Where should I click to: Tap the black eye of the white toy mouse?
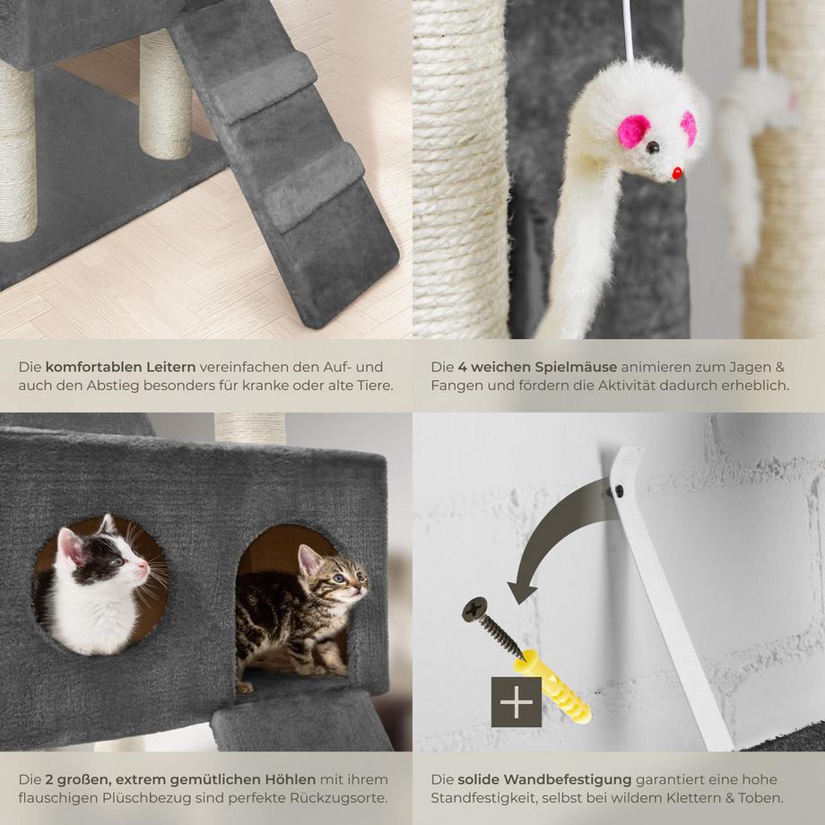[x=654, y=147]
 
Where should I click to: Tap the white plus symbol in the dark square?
[x=517, y=702]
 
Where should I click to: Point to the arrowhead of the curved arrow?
[x=521, y=592]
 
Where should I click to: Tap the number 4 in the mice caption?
[x=462, y=367]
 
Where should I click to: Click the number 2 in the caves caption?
[x=49, y=779]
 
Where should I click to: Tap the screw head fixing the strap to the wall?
[x=618, y=491]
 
